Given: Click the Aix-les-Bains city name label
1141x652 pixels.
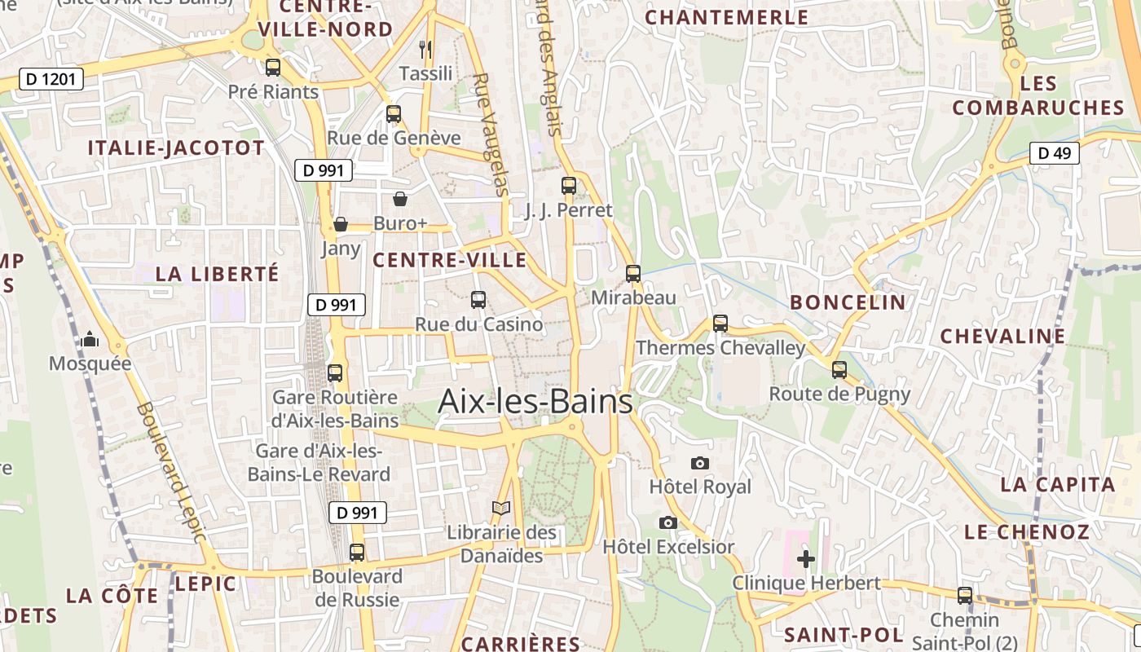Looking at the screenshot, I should coord(535,402).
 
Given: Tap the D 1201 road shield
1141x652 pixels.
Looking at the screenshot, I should coord(51,79).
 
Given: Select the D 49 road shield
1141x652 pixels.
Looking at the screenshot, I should coord(1054,153).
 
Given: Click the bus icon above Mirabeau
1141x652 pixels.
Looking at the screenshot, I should coord(633,274).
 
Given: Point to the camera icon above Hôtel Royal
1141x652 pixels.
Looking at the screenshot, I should coord(699,463).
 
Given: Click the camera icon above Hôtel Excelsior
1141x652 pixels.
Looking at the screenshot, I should coord(668,522).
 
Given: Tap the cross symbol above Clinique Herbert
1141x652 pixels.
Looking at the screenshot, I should coord(806,559).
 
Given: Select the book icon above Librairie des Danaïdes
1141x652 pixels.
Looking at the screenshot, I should coord(501,508).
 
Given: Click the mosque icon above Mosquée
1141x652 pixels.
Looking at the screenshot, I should coord(90,339).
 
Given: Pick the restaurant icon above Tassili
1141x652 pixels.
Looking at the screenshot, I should coord(425,50).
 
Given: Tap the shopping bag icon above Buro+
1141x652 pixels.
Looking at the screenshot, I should coord(400,199).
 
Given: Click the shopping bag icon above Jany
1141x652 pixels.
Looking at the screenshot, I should coord(341,224).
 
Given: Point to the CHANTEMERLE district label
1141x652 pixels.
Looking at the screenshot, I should coord(727,17).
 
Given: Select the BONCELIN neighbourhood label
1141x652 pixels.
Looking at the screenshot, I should coord(848,302).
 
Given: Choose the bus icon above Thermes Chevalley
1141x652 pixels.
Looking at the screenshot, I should coord(720,324).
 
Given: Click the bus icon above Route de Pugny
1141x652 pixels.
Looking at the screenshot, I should coord(839,370).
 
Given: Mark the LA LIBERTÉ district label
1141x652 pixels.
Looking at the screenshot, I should coord(217,274).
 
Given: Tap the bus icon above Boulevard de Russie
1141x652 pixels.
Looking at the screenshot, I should coord(357,553).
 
